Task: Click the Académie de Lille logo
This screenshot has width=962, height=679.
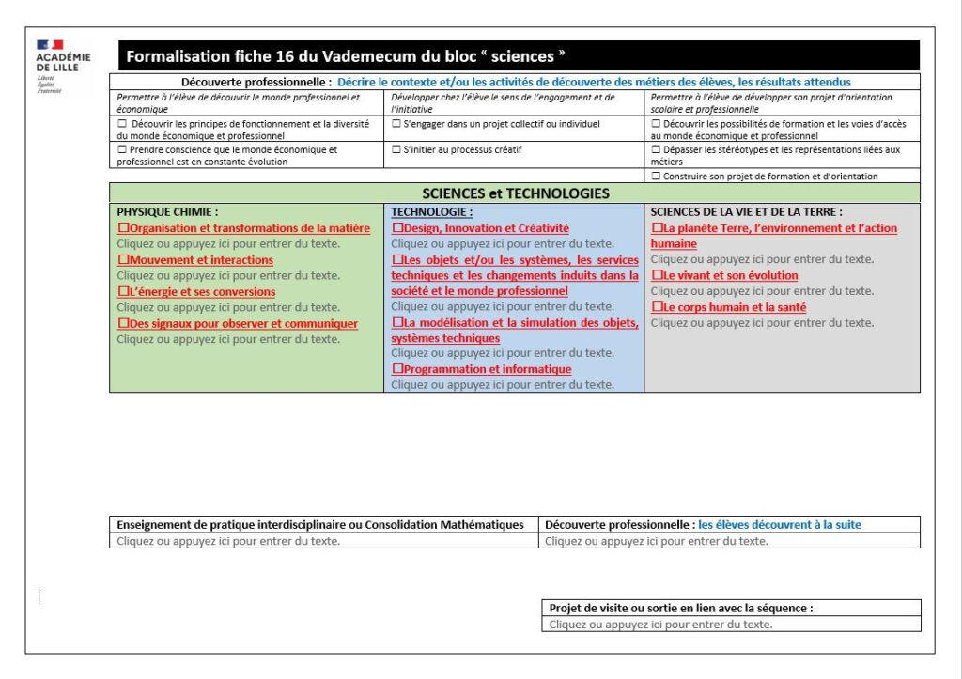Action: pos(63,65)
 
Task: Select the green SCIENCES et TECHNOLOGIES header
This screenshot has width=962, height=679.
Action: pos(515,193)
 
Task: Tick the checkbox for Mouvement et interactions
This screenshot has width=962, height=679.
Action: pos(123,260)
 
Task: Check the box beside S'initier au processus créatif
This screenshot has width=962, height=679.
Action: pos(396,149)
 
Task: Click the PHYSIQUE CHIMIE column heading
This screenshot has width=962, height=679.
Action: pos(167,212)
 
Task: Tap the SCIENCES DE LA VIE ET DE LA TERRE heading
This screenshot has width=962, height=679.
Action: pos(746,212)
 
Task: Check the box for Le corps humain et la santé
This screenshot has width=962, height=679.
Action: pos(657,307)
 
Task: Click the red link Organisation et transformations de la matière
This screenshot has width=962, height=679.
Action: pos(249,228)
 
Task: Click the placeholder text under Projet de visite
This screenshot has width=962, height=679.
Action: pos(660,624)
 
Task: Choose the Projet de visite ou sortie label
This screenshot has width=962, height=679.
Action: pos(680,608)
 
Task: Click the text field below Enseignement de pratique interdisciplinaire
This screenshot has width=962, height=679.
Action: pos(228,541)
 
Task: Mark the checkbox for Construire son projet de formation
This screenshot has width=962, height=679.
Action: pos(656,176)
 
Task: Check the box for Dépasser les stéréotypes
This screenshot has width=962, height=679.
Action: pos(656,149)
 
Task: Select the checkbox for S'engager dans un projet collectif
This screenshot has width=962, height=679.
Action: pos(396,123)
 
